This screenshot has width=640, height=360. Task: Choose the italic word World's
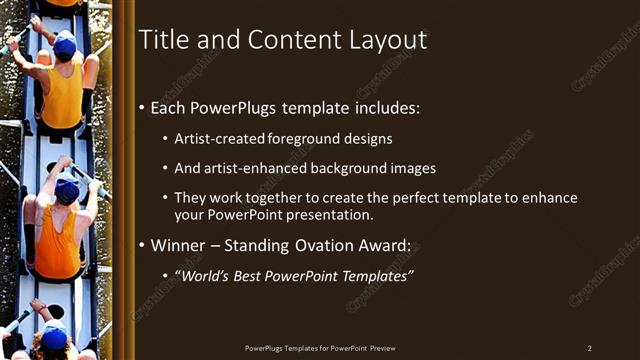coord(205,275)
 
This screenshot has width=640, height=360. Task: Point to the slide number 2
coord(589,348)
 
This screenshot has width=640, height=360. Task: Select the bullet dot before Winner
coord(143,246)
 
